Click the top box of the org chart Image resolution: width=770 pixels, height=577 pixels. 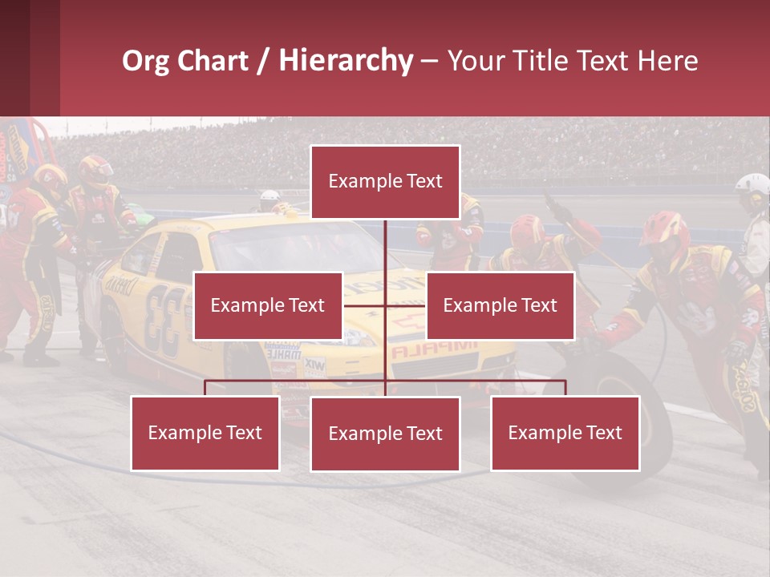click(385, 182)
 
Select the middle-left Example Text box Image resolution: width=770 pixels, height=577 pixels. click(268, 305)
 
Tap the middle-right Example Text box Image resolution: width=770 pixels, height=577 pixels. click(500, 305)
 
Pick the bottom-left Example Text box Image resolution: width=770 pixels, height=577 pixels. click(205, 433)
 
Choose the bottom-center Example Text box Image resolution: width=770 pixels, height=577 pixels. click(385, 434)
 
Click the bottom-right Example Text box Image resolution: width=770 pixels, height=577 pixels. click(565, 433)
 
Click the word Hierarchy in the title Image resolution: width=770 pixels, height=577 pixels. click(345, 61)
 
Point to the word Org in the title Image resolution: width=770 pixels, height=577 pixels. click(146, 61)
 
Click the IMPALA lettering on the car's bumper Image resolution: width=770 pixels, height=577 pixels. click(434, 349)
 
